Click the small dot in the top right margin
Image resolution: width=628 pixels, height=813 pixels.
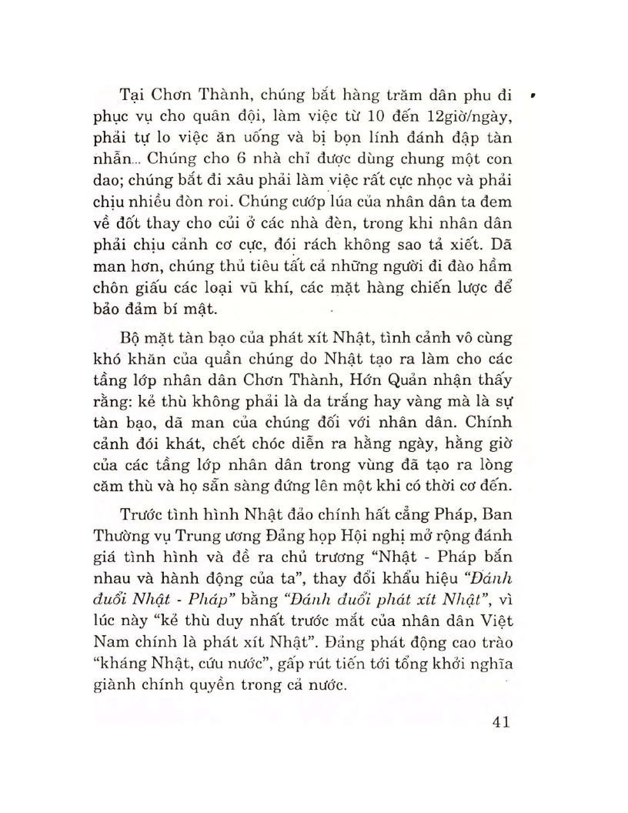533,97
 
